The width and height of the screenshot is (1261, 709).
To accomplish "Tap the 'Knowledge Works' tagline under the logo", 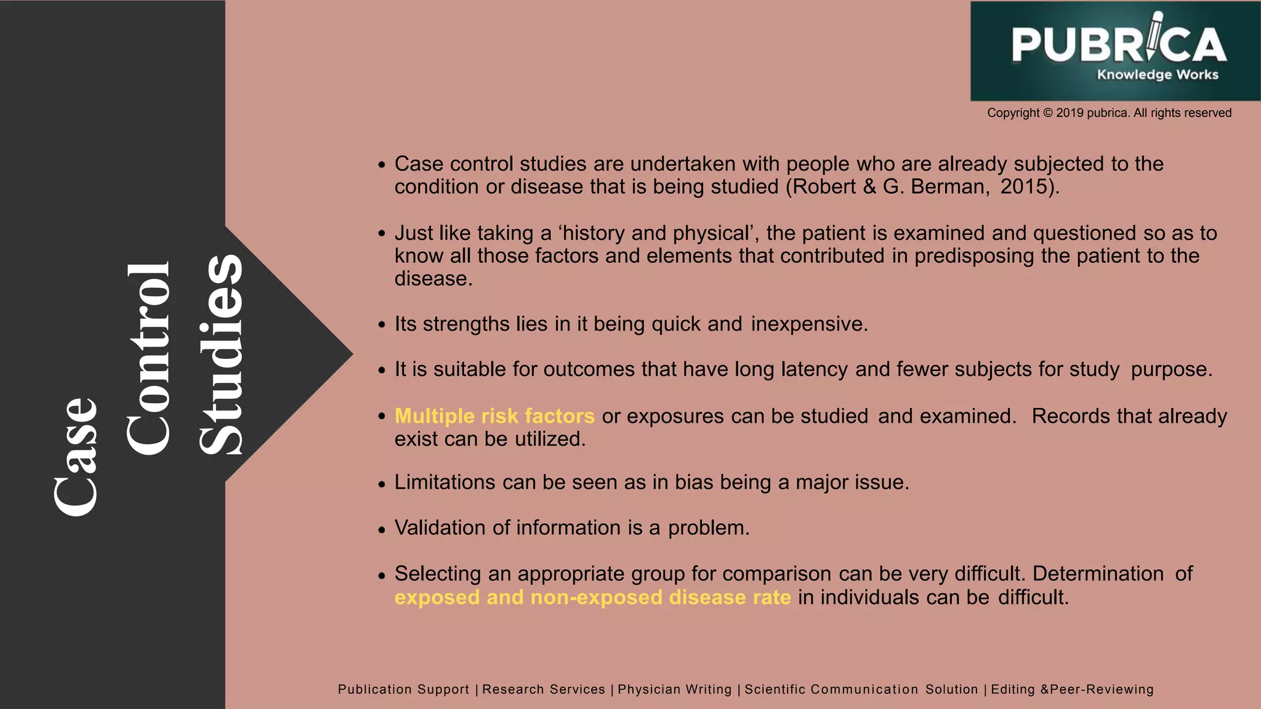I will click(1158, 75).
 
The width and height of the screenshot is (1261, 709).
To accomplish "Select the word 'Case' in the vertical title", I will click(75, 456).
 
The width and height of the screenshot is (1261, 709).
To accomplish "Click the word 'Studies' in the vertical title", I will click(220, 355).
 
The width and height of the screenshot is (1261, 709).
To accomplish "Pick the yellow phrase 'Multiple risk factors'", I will click(494, 417).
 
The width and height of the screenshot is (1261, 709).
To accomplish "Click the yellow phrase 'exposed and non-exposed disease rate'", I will click(592, 598).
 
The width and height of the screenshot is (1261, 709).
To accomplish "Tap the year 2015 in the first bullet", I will click(1025, 186).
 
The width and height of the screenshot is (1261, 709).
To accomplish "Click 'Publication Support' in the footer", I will click(403, 689).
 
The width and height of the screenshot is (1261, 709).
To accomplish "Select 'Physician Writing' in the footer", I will click(674, 689).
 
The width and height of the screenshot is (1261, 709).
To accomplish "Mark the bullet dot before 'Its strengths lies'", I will click(382, 325).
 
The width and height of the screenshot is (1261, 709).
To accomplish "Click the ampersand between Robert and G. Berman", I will click(869, 186).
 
